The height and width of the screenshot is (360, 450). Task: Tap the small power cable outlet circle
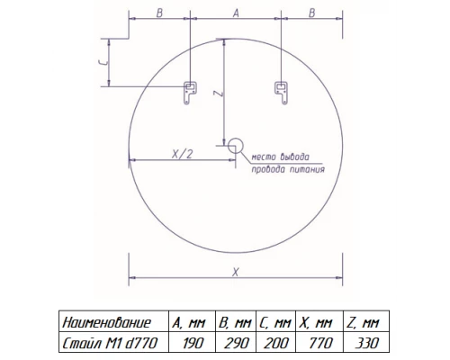[x=236, y=146]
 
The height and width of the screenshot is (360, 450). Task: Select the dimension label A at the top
[x=236, y=13]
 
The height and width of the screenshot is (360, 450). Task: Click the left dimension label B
[x=159, y=13]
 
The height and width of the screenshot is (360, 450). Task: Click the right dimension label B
[x=312, y=13]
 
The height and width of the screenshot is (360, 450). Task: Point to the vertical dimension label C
[x=103, y=62]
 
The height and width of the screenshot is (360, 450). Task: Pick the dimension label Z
[x=219, y=94]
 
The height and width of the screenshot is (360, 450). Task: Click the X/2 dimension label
[x=182, y=154]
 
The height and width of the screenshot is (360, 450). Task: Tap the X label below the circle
[x=236, y=272]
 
